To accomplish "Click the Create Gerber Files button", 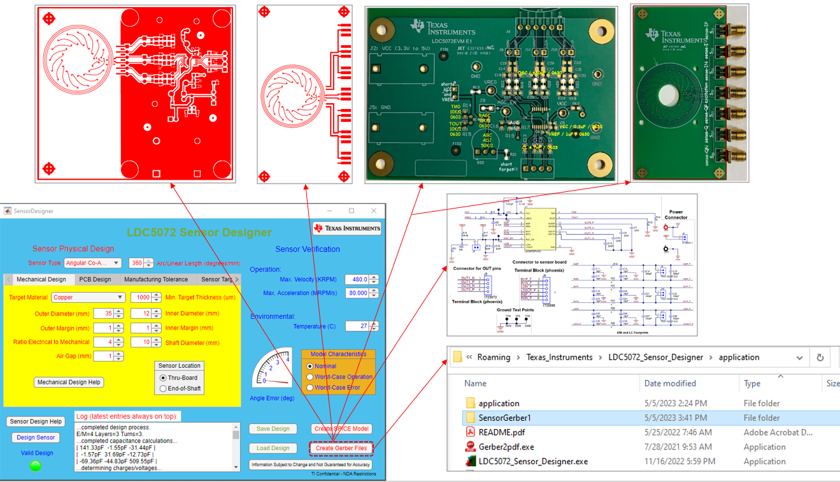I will pos(341,448).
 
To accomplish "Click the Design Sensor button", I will pos(36,437).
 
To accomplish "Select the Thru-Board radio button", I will pos(163,378).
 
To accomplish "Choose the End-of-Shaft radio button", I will pos(163,388).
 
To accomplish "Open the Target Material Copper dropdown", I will pos(88,298).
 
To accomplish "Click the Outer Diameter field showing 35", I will pos(103,314).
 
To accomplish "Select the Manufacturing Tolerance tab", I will pos(156,279).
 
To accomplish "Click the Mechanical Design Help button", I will pos(69,383).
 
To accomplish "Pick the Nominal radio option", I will pos(310,367).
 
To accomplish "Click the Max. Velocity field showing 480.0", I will pos(357,279).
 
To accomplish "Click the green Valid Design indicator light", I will pos(36,466).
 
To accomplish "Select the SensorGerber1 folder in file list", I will pos(504,418).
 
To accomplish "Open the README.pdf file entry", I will pos(501,432).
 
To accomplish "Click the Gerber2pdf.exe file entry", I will pos(506,447).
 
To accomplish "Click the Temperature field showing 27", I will pos(357,326).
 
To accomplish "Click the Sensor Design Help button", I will pos(36,421).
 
